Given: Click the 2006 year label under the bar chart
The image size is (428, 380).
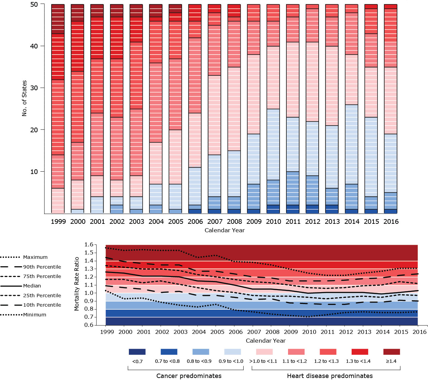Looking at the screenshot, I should coord(195,221).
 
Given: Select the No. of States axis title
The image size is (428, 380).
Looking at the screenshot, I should coord(24,98).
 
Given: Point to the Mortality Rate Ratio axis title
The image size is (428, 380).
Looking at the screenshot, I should coord(77,284).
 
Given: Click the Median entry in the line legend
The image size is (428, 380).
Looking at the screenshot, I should coord(32,286).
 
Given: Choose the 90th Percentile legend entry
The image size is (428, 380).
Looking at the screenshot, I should coord(42,267).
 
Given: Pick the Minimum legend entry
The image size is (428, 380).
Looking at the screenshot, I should coord(35,315).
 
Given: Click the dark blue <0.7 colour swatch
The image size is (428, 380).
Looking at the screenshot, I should coord(137,352).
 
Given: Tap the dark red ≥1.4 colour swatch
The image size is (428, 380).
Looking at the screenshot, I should coord(392,352).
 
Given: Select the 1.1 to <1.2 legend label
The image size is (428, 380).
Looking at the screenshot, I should coord(294,361).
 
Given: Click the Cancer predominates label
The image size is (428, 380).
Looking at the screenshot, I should coord(189,376).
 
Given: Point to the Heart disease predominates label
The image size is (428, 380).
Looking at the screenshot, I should coord(330,376).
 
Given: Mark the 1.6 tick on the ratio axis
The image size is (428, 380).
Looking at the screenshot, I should coord(88,245).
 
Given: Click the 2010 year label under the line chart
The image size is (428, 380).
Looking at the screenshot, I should coord(309,332).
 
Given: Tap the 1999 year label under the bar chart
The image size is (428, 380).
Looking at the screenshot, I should coord(58,221).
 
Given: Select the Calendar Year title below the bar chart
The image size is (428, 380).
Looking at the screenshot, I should coord(224,230).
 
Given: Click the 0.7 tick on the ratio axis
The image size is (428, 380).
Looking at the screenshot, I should coord(88,317).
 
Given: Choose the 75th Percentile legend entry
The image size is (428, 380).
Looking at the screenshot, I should coord(42,276).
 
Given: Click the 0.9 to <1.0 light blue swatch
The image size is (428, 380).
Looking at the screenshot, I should coord(232,352).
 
